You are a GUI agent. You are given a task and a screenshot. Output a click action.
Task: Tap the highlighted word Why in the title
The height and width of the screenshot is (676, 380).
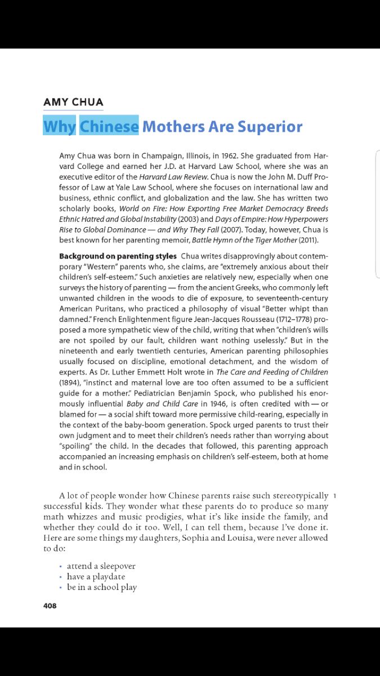point(59,126)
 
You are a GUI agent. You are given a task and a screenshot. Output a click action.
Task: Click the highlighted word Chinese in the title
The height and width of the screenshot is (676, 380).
point(109,126)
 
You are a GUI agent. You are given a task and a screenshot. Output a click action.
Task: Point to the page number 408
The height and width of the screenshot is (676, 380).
point(50,606)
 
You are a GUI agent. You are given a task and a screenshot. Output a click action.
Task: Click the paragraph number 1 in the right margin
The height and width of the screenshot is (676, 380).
point(335,496)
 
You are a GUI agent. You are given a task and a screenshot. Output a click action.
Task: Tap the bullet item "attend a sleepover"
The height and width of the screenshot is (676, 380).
point(101,566)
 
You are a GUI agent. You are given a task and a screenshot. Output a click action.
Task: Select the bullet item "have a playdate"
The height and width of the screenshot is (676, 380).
point(96,576)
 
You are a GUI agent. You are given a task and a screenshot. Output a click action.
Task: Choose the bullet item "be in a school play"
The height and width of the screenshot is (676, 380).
point(102,587)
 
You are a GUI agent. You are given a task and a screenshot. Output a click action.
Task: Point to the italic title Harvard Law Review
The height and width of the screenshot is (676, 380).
point(166,177)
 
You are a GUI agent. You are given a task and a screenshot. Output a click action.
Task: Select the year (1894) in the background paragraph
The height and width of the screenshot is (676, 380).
point(70,383)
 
